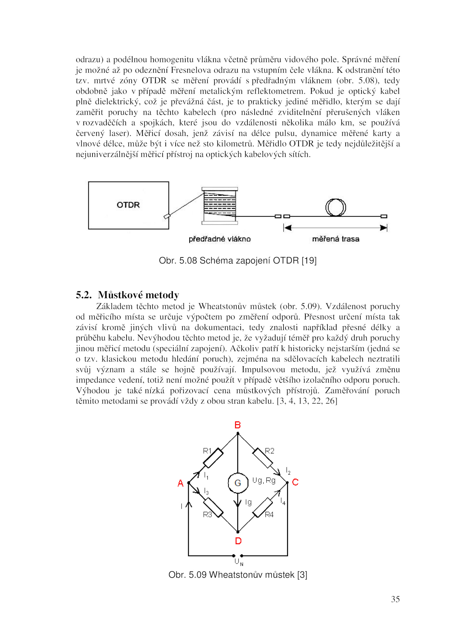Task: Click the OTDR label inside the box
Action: click(x=128, y=205)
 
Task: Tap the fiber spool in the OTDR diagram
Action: click(x=220, y=206)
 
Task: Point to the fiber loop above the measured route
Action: click(x=335, y=207)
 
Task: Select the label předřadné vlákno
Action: click(x=220, y=239)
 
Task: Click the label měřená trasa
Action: click(x=335, y=239)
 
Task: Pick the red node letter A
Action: click(x=180, y=483)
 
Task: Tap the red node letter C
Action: click(x=295, y=482)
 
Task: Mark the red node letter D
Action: click(x=238, y=541)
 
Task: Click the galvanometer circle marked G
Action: click(x=238, y=483)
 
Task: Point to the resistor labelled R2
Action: click(x=262, y=458)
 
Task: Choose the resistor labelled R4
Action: click(x=262, y=507)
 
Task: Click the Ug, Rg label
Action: click(x=264, y=480)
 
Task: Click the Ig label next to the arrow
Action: click(x=248, y=502)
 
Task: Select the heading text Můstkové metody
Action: click(x=138, y=295)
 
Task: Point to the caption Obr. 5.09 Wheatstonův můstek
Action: click(x=237, y=575)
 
